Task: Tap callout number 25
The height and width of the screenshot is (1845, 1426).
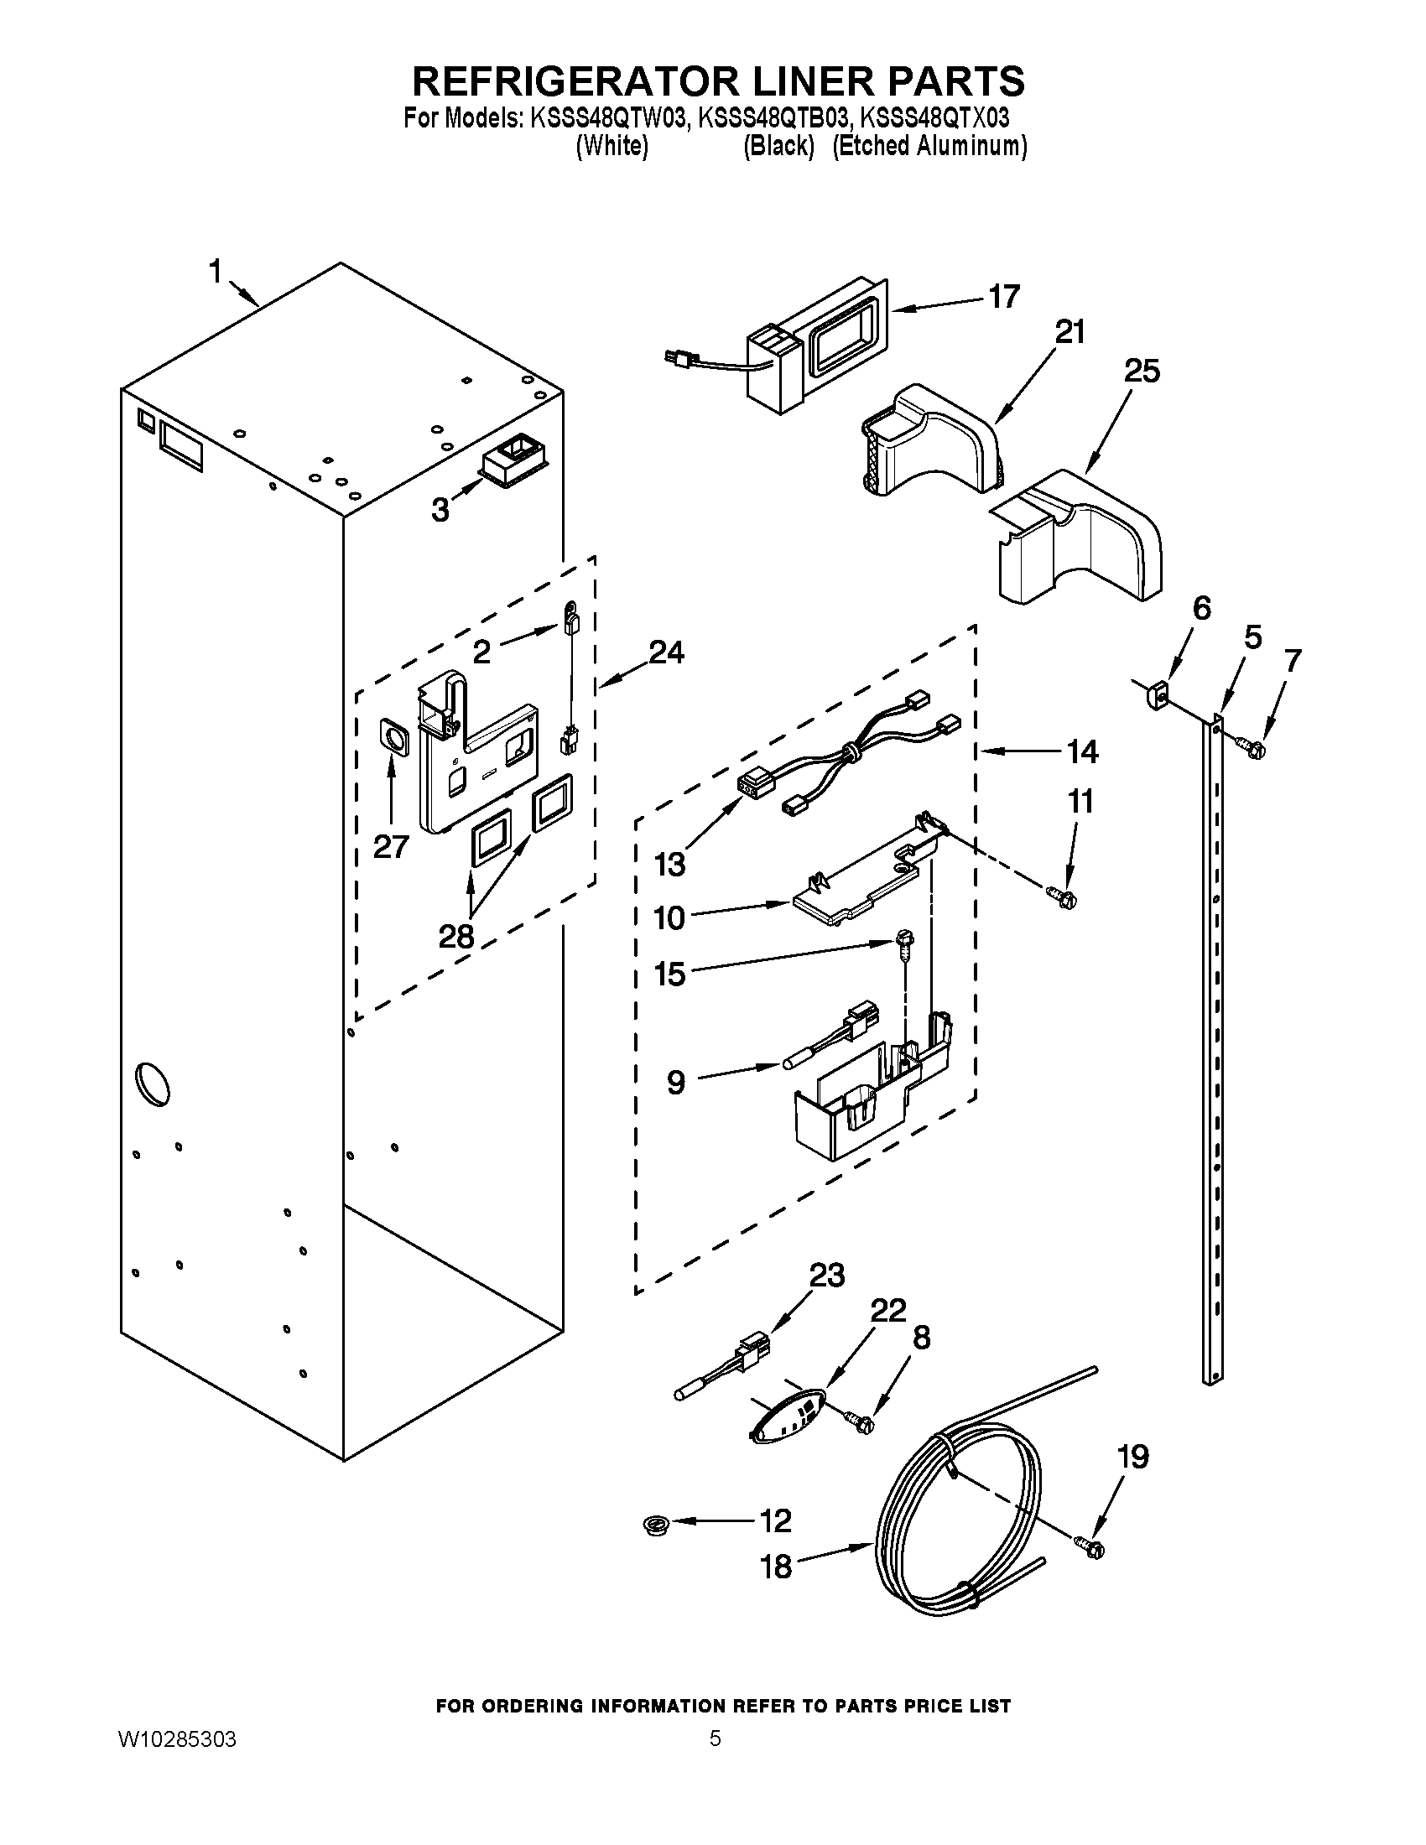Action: [x=1142, y=371]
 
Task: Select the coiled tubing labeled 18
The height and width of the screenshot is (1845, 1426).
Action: [x=946, y=1529]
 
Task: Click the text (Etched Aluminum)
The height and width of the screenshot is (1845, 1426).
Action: [x=929, y=146]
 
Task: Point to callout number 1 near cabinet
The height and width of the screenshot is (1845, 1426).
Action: [x=216, y=272]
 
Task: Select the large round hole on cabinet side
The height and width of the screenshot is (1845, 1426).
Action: [x=152, y=1083]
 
